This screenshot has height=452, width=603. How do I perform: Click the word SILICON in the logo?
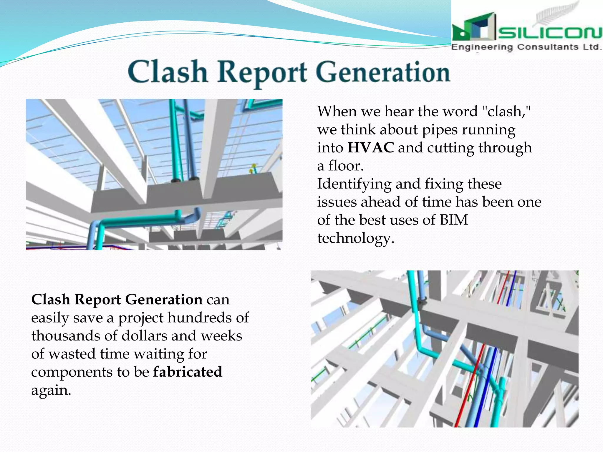[549, 33]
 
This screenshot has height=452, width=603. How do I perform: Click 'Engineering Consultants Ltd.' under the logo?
[526, 47]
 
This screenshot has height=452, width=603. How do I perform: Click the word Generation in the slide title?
[383, 72]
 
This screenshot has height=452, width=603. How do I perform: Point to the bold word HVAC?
[370, 148]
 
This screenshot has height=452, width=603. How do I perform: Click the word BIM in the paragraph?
[454, 220]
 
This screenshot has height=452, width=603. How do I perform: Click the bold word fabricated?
[188, 372]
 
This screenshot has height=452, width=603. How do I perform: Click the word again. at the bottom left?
[51, 390]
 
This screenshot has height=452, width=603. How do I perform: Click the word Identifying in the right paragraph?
[354, 184]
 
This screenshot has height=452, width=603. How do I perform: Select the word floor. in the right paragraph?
[346, 166]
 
